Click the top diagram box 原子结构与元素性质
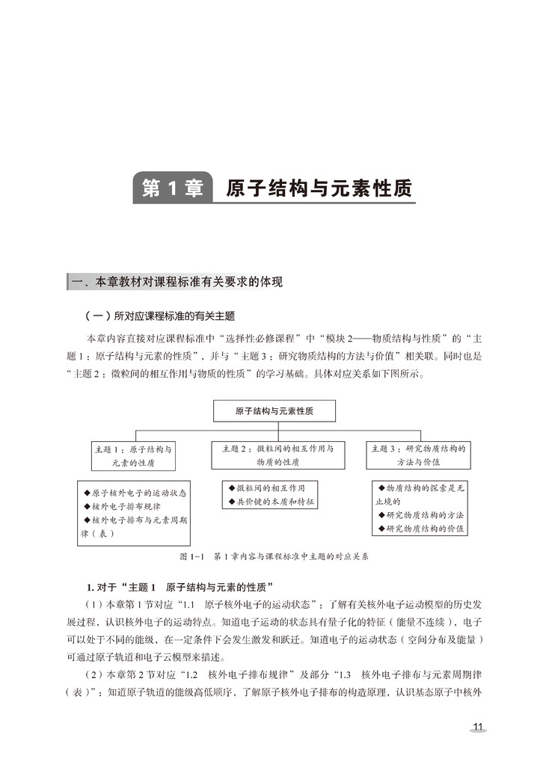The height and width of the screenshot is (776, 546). click(274, 411)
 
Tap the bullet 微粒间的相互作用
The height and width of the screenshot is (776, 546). click(271, 487)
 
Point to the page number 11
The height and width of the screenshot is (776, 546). click(479, 727)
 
